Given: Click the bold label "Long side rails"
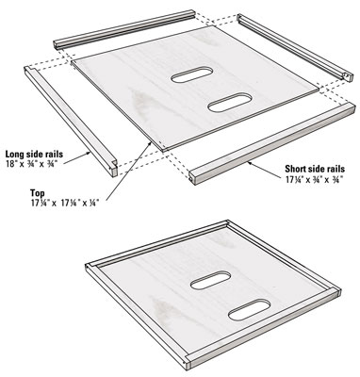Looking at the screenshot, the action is click(34, 155).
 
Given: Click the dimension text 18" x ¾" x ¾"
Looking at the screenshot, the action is click(31, 164).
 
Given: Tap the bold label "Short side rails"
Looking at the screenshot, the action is click(315, 169).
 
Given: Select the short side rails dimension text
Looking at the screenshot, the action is click(314, 179).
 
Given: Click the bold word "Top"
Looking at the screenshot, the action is click(38, 193).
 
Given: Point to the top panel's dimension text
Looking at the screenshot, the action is click(65, 203).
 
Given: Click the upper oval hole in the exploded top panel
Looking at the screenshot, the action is click(192, 74).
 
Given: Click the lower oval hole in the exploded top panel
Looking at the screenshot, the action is click(230, 102).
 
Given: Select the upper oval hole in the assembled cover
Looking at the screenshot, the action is click(211, 280).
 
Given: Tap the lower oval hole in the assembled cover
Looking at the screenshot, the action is click(250, 310).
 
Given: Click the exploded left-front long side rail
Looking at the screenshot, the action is click(72, 121).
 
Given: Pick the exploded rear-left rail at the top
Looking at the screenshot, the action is click(124, 29).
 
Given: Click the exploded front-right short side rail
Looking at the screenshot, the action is click(272, 143).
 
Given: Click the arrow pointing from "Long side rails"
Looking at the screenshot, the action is click(78, 157).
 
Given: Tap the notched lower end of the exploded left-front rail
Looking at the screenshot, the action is click(113, 169).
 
